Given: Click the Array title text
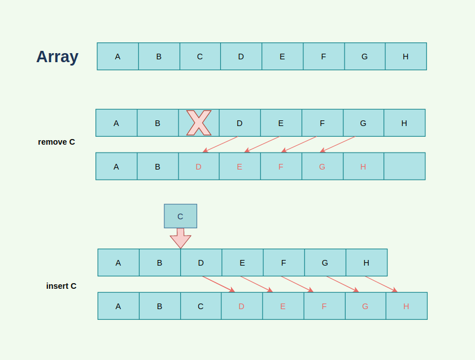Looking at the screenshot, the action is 57,57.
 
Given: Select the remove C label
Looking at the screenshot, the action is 56,142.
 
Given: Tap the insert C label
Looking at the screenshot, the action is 61,286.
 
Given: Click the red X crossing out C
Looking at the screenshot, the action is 199,123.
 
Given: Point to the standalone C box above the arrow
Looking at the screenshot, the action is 180,216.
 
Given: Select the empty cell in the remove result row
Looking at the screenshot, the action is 404,166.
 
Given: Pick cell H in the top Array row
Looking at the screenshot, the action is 406,57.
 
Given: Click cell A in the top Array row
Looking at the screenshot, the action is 117,57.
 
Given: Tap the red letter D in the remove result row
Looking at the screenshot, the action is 198,166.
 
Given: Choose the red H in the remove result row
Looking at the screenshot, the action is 363,166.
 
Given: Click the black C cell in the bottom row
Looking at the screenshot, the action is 201,306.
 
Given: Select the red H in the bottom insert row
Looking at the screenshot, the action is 406,306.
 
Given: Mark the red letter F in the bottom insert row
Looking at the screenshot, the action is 324,306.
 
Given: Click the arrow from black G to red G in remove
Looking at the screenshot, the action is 337,144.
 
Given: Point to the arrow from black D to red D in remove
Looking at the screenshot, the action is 220,144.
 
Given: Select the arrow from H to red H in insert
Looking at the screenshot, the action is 381,284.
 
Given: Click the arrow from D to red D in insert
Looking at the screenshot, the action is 219,284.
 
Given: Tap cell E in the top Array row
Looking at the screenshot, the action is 282,57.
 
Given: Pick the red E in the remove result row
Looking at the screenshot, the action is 239,166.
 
